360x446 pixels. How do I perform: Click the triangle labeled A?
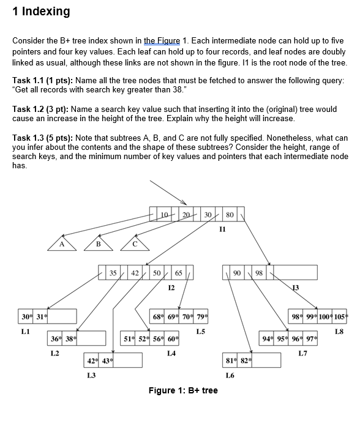[x=61, y=244]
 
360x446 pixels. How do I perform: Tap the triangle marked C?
[x=135, y=244]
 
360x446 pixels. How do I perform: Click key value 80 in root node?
[x=230, y=215]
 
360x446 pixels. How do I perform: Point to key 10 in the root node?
[x=163, y=215]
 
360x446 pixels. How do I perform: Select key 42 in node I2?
[x=135, y=272]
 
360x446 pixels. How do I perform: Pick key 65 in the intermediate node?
[x=179, y=272]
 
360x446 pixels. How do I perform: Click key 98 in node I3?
[x=258, y=272]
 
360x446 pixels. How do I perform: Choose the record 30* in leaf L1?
[x=26, y=316]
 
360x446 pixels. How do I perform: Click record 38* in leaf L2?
[x=70, y=338]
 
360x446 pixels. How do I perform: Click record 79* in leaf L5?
[x=201, y=316]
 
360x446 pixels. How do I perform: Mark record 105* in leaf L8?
[x=342, y=316]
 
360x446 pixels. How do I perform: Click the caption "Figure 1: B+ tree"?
[x=183, y=390]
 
